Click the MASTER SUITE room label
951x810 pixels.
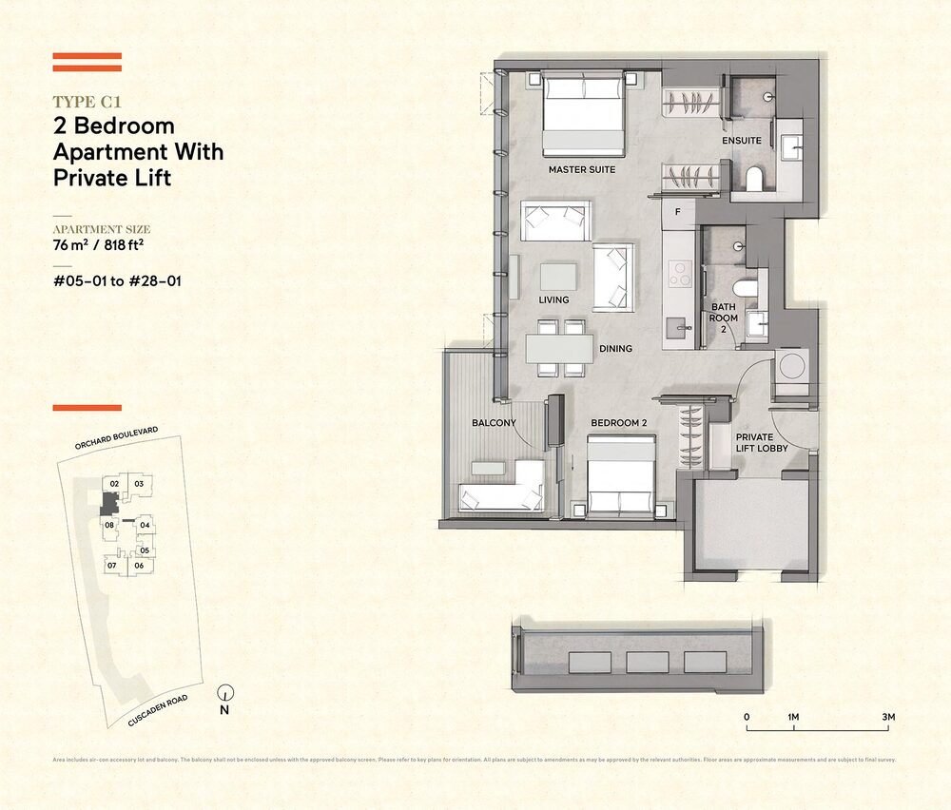pyautogui.click(x=582, y=170)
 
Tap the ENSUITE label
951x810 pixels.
pyautogui.click(x=742, y=141)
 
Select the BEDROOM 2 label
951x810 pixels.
pyautogui.click(x=618, y=422)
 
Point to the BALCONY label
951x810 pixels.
pyautogui.click(x=494, y=422)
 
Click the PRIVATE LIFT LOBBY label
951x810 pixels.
pyautogui.click(x=762, y=442)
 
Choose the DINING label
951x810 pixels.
pyautogui.click(x=615, y=349)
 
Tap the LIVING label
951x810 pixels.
pyautogui.click(x=553, y=300)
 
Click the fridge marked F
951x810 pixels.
pyautogui.click(x=677, y=211)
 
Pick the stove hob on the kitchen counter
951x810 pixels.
pyautogui.click(x=680, y=275)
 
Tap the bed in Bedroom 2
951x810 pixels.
pyautogui.click(x=621, y=475)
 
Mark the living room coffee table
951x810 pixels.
pyautogui.click(x=557, y=277)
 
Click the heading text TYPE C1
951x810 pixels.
pyautogui.click(x=87, y=100)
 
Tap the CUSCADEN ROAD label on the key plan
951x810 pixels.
pyautogui.click(x=158, y=711)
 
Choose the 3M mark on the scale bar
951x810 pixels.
pyautogui.click(x=888, y=717)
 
